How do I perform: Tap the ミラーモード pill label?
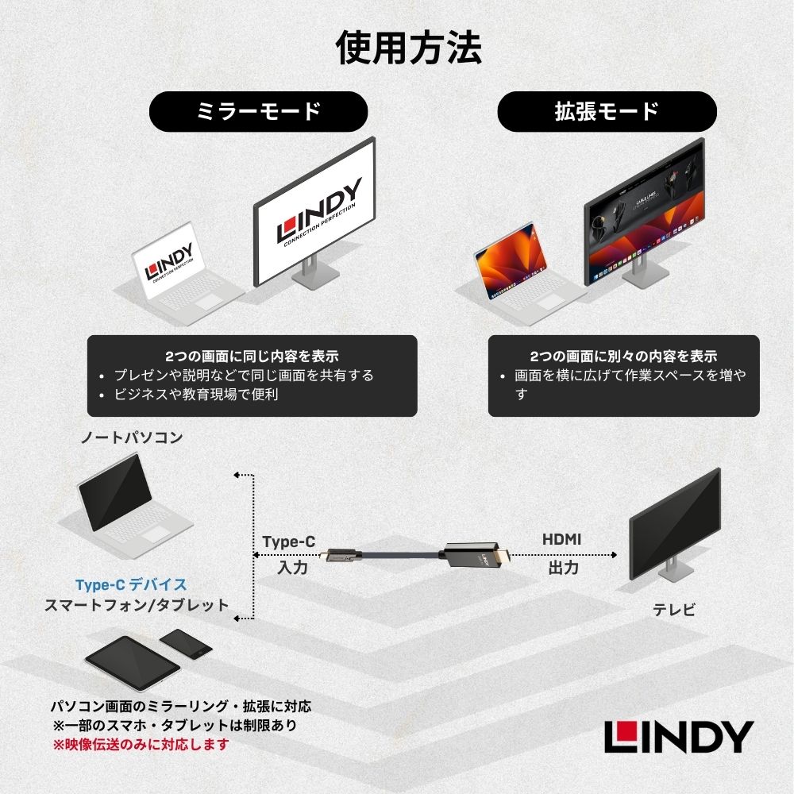[x=258, y=111]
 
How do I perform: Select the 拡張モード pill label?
[x=607, y=111]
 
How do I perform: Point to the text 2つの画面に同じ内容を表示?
[x=252, y=356]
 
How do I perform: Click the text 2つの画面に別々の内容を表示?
[x=623, y=356]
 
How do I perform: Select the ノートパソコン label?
[x=132, y=437]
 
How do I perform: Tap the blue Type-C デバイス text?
[x=131, y=585]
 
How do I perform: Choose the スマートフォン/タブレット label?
[x=137, y=605]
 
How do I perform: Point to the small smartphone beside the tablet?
[x=187, y=642]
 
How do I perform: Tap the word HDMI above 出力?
[x=562, y=539]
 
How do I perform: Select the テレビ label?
[x=674, y=610]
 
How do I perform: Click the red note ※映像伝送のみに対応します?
[x=141, y=745]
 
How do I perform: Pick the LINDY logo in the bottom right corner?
[x=678, y=737]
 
